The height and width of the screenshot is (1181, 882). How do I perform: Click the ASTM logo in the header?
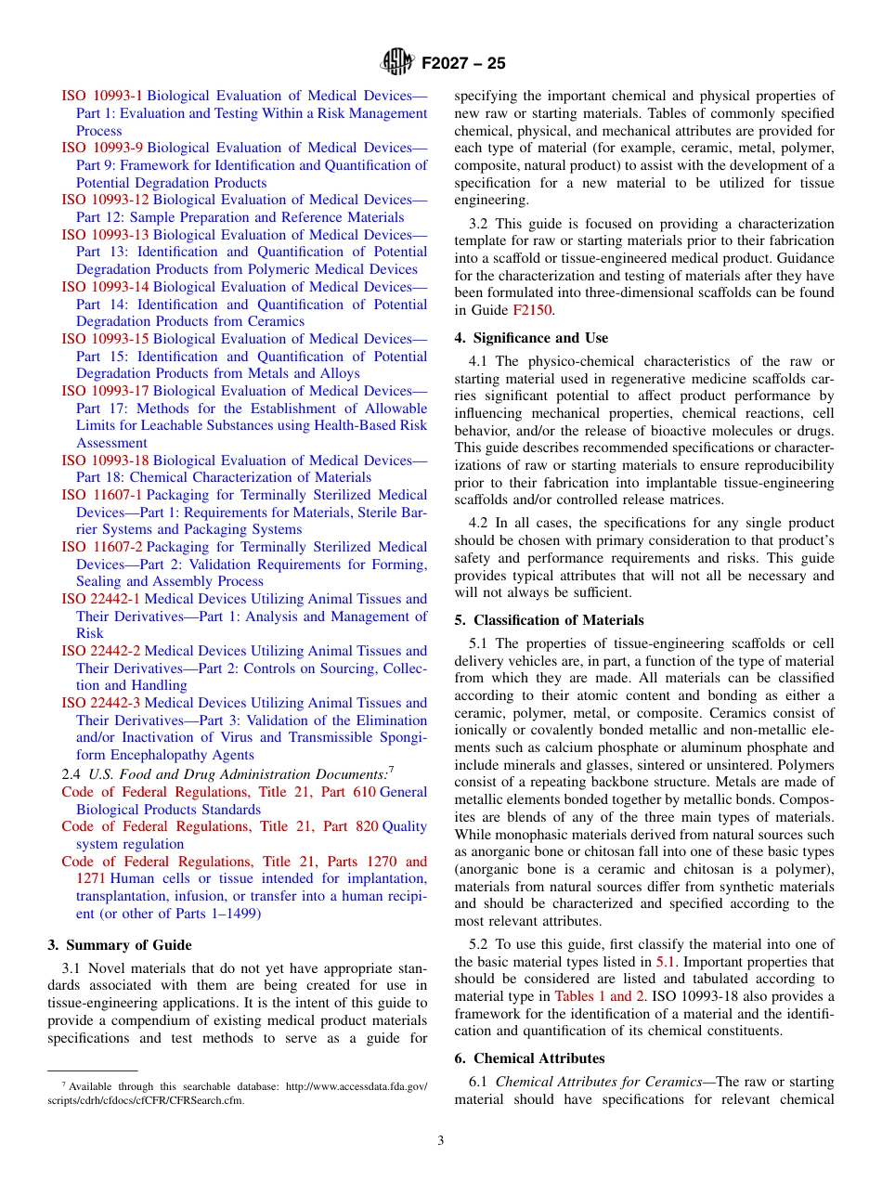[396, 63]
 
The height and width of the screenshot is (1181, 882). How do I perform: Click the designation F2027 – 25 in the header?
[463, 64]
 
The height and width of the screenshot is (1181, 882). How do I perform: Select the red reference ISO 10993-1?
[102, 96]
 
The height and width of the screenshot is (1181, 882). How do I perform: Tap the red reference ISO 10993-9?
[102, 148]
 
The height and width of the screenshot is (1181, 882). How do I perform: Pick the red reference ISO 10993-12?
[105, 200]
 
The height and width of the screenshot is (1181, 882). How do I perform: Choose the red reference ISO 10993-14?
[105, 287]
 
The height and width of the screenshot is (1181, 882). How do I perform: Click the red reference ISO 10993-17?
[105, 391]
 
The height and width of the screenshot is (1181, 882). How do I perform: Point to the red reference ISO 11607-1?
[102, 495]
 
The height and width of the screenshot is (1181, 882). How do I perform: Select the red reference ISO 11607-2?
[102, 547]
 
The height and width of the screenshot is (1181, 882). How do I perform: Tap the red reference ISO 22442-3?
[101, 703]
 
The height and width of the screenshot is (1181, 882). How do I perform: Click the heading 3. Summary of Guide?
[120, 945]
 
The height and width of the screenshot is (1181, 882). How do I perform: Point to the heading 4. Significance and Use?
[531, 338]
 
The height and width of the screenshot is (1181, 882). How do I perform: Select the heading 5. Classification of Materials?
[549, 620]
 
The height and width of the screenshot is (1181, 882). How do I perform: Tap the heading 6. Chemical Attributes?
[529, 1058]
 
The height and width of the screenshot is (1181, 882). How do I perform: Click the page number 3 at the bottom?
[441, 1141]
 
